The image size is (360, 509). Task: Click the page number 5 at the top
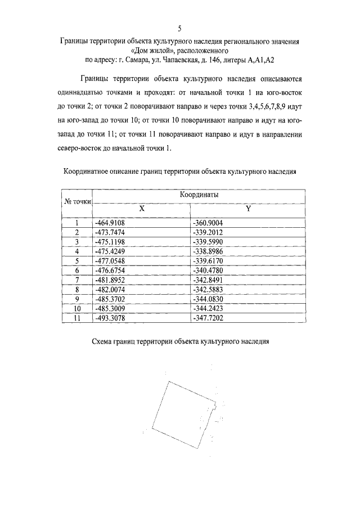click(179, 28)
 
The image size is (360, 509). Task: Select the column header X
click(142, 208)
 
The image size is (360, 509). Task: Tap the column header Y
click(248, 208)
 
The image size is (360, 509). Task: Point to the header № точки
click(76, 201)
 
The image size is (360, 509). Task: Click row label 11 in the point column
click(77, 318)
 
